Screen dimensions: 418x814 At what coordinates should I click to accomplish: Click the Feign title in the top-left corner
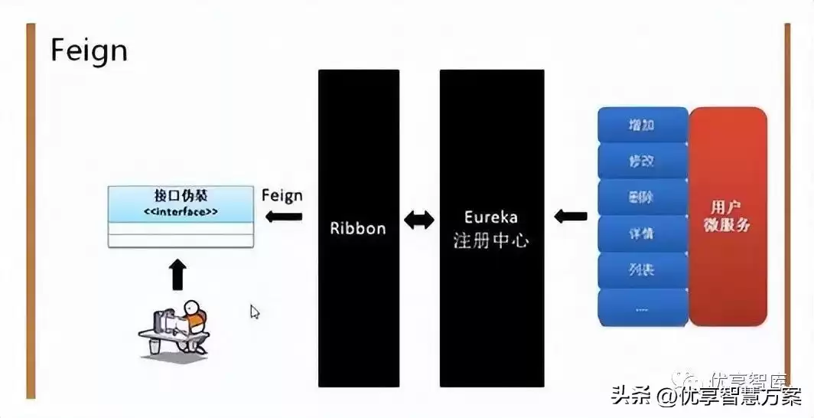click(x=89, y=51)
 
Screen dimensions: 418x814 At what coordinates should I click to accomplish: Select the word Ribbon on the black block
click(x=358, y=228)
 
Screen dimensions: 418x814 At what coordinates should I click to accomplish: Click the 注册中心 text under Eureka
click(x=491, y=240)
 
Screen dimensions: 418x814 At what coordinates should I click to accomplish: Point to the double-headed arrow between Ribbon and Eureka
click(x=419, y=220)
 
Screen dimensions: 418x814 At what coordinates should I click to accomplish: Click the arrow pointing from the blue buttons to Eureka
click(x=570, y=216)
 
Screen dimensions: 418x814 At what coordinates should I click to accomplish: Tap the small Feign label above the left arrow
click(x=282, y=195)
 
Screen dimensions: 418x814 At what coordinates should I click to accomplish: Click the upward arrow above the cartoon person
click(x=177, y=274)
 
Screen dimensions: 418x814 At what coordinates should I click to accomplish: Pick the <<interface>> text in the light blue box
click(x=181, y=211)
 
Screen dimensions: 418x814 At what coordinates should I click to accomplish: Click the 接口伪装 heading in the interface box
click(x=180, y=196)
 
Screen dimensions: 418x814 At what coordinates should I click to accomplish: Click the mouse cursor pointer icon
click(x=255, y=312)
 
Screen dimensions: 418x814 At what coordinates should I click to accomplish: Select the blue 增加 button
click(x=642, y=125)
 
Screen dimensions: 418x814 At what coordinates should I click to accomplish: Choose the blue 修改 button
click(x=642, y=161)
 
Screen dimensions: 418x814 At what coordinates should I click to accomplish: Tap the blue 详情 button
click(x=642, y=233)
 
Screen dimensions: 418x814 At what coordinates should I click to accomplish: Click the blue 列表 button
click(x=642, y=269)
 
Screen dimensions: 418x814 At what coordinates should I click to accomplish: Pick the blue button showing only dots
click(x=642, y=308)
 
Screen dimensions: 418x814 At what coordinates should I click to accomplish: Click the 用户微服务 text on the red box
click(x=727, y=216)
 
